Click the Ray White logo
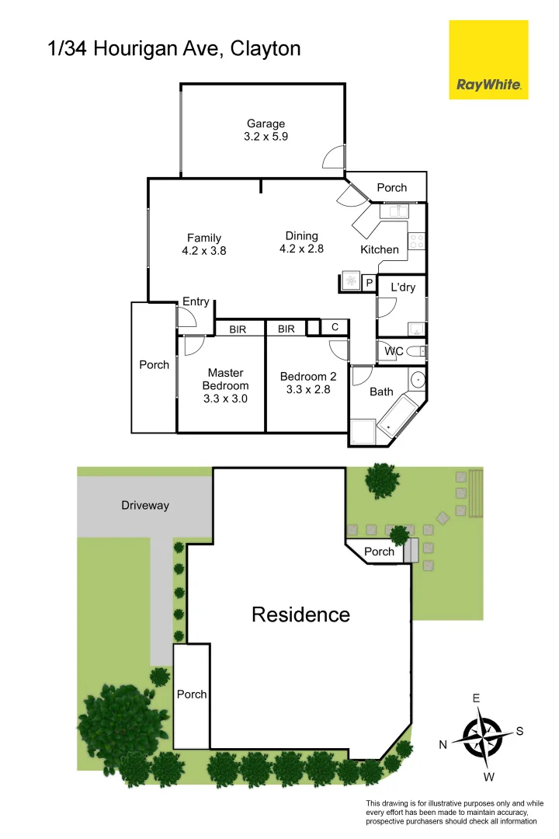(488, 60)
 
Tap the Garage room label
(266, 124)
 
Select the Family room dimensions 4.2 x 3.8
(204, 251)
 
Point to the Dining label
(301, 236)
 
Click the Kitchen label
(380, 249)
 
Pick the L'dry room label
(403, 287)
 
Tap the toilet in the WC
(416, 351)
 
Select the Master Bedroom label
(225, 379)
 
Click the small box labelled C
(335, 328)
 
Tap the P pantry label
(369, 284)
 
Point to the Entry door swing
(186, 317)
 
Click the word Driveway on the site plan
(145, 506)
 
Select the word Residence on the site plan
(300, 615)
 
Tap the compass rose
(482, 735)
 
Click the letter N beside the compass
(443, 744)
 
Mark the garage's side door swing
(333, 157)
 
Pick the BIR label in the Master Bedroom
(237, 329)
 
